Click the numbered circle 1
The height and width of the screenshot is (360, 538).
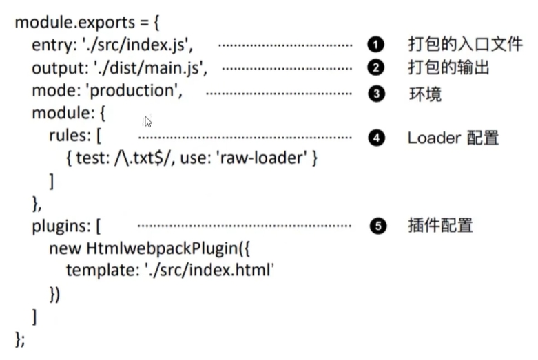pos(375,45)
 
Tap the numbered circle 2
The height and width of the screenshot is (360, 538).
pos(375,68)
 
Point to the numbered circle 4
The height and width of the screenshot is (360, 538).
pos(375,138)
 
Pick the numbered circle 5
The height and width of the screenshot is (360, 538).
pos(375,226)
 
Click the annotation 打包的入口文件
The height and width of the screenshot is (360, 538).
pos(465,45)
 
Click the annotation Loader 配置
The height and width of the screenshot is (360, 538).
pos(453,138)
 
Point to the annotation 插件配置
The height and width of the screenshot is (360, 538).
pos(440,226)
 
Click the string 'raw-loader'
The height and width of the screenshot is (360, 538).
pos(262,159)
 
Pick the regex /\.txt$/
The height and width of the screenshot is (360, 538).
pos(141,159)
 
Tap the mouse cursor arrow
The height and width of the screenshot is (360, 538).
pos(148,122)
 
